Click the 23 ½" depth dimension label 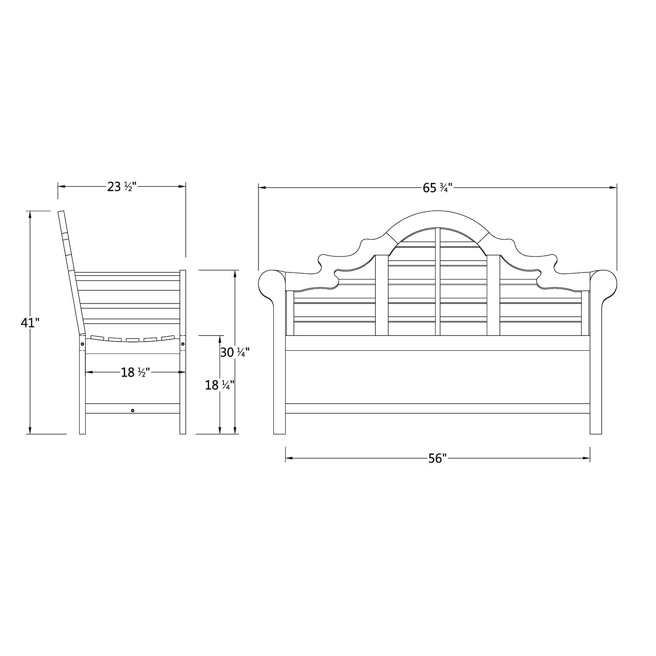[x=122, y=187]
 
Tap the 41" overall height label [x=30, y=323]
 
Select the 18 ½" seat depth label [x=136, y=372]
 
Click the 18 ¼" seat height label [x=220, y=385]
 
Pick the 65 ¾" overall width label [x=437, y=188]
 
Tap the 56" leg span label [x=437, y=459]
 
